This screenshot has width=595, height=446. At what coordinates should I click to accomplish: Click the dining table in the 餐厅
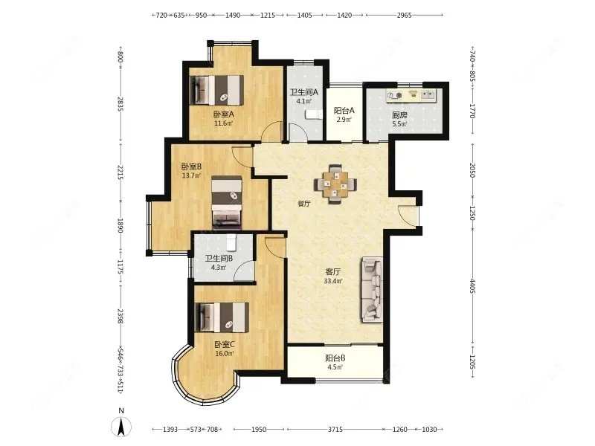[x=335, y=184]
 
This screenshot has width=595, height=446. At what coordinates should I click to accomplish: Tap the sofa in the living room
[x=372, y=289]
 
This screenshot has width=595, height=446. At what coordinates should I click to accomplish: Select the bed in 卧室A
[x=216, y=90]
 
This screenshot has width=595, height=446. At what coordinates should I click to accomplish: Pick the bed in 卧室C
[x=222, y=317]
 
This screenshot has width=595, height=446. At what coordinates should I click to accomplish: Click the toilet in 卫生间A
[x=313, y=114]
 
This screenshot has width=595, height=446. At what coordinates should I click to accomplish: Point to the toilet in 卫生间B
[x=231, y=242]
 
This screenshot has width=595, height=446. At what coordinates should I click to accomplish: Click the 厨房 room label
[x=399, y=115]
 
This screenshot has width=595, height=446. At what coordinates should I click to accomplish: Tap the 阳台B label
[x=335, y=358]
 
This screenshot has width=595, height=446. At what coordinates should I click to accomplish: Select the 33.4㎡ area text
[x=333, y=281]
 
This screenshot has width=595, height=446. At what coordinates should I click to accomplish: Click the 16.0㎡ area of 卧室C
[x=224, y=354]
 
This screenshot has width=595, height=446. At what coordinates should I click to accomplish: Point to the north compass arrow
[x=121, y=426]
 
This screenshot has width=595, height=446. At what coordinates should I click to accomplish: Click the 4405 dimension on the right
[x=472, y=285]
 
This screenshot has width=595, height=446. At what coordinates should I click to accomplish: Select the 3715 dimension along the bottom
[x=335, y=430]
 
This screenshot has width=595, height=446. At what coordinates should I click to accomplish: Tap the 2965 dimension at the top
[x=404, y=15]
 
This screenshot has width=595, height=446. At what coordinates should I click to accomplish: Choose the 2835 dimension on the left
[x=120, y=104]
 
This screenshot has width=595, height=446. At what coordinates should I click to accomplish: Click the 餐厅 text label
[x=304, y=204]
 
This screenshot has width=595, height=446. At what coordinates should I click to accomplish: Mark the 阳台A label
[x=344, y=111]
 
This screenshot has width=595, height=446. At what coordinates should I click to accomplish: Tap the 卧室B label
[x=191, y=166]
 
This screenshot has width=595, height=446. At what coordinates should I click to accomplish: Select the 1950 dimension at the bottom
[x=259, y=430]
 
